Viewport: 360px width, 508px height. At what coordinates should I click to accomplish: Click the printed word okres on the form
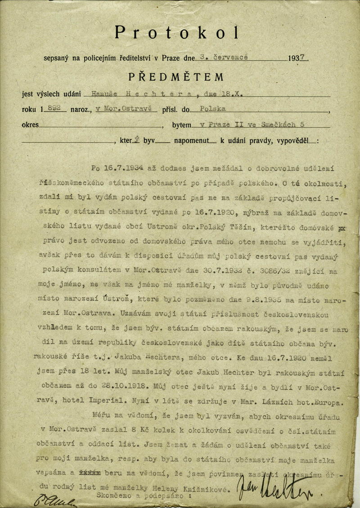30,125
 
